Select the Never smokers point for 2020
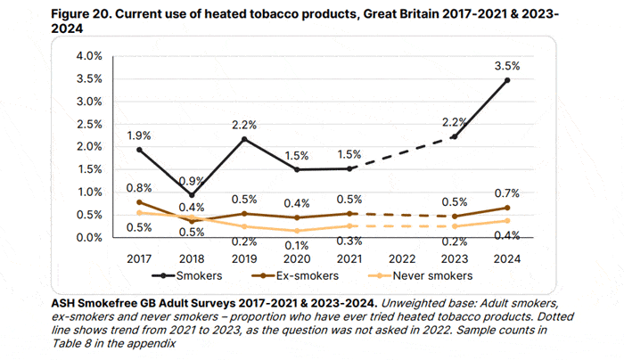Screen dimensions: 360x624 pos(297,232)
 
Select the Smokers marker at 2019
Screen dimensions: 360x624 pos(244,138)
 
